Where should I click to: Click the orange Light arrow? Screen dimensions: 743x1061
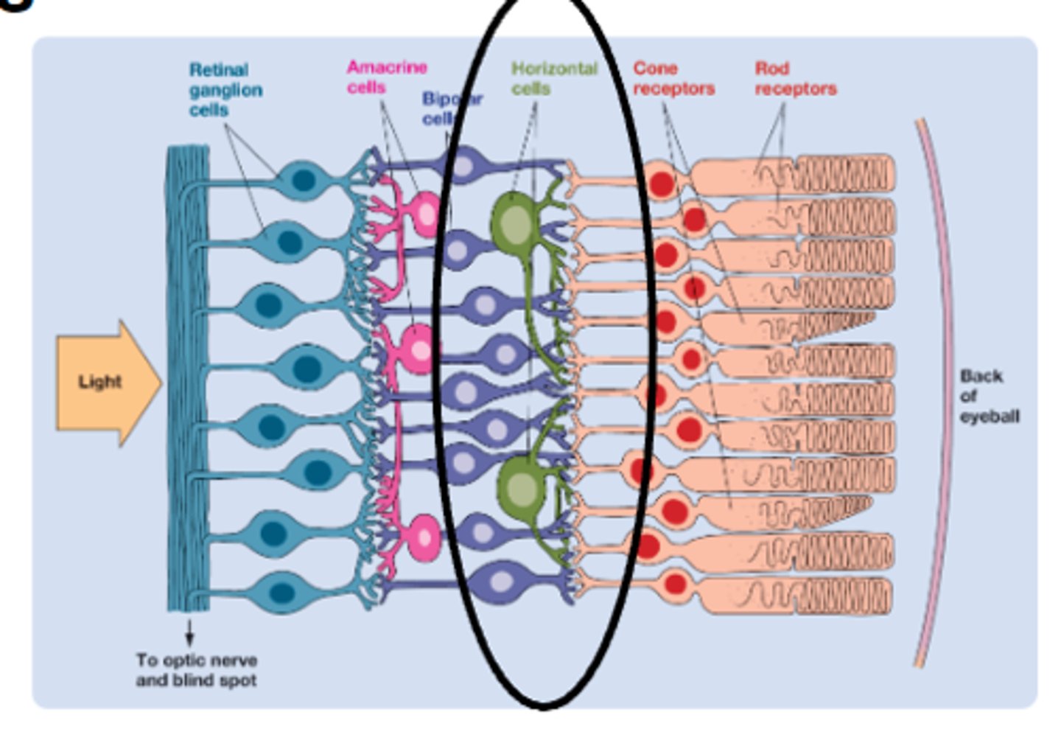pyautogui.click(x=107, y=382)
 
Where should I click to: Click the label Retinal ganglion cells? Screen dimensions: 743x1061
pyautogui.click(x=225, y=90)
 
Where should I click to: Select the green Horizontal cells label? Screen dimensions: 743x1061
pyautogui.click(x=553, y=78)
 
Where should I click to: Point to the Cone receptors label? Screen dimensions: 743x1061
pyautogui.click(x=673, y=78)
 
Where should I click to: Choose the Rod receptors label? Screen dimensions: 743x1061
pyautogui.click(x=795, y=78)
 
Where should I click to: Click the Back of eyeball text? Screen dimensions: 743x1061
pyautogui.click(x=988, y=396)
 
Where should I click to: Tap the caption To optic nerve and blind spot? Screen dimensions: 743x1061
pyautogui.click(x=196, y=669)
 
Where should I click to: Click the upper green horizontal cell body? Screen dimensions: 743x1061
pyautogui.click(x=516, y=223)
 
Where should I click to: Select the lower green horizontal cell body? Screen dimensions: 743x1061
pyautogui.click(x=522, y=488)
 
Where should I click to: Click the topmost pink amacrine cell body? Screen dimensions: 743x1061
pyautogui.click(x=427, y=214)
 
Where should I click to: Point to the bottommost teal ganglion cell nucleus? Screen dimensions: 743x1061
pyautogui.click(x=282, y=592)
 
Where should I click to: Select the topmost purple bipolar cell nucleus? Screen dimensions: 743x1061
pyautogui.click(x=463, y=165)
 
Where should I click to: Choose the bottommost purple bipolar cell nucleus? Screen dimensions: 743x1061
pyautogui.click(x=502, y=582)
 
